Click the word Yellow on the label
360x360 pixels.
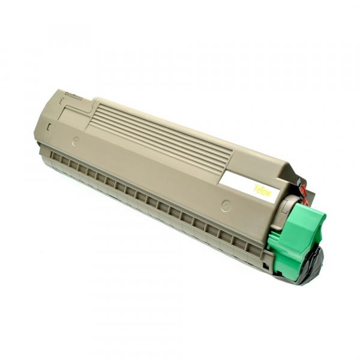(262, 191)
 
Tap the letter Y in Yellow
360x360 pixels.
(256, 187)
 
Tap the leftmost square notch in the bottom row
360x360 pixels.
(56, 157)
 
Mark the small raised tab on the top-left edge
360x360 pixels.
(75, 93)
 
